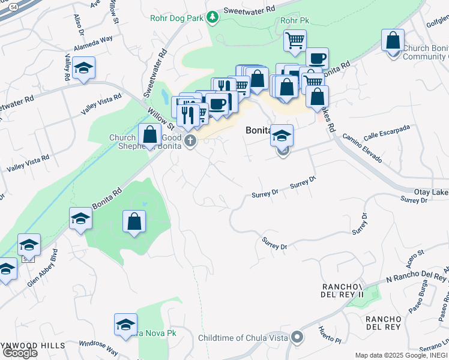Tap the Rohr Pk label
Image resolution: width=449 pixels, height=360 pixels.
pos(294,21)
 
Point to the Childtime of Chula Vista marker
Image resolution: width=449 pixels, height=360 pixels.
pos(296,338)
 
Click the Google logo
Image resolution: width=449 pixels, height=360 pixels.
pos(19,353)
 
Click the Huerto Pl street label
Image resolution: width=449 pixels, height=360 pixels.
pos(330,335)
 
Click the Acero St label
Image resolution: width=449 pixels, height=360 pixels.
pos(414,259)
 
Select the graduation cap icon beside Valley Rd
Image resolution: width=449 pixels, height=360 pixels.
pos(84,69)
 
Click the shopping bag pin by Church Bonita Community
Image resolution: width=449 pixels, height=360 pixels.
pos(393,41)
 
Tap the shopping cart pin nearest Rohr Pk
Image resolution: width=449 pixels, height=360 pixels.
pos(295,41)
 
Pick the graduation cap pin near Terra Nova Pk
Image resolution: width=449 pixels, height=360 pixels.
pos(125,325)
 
